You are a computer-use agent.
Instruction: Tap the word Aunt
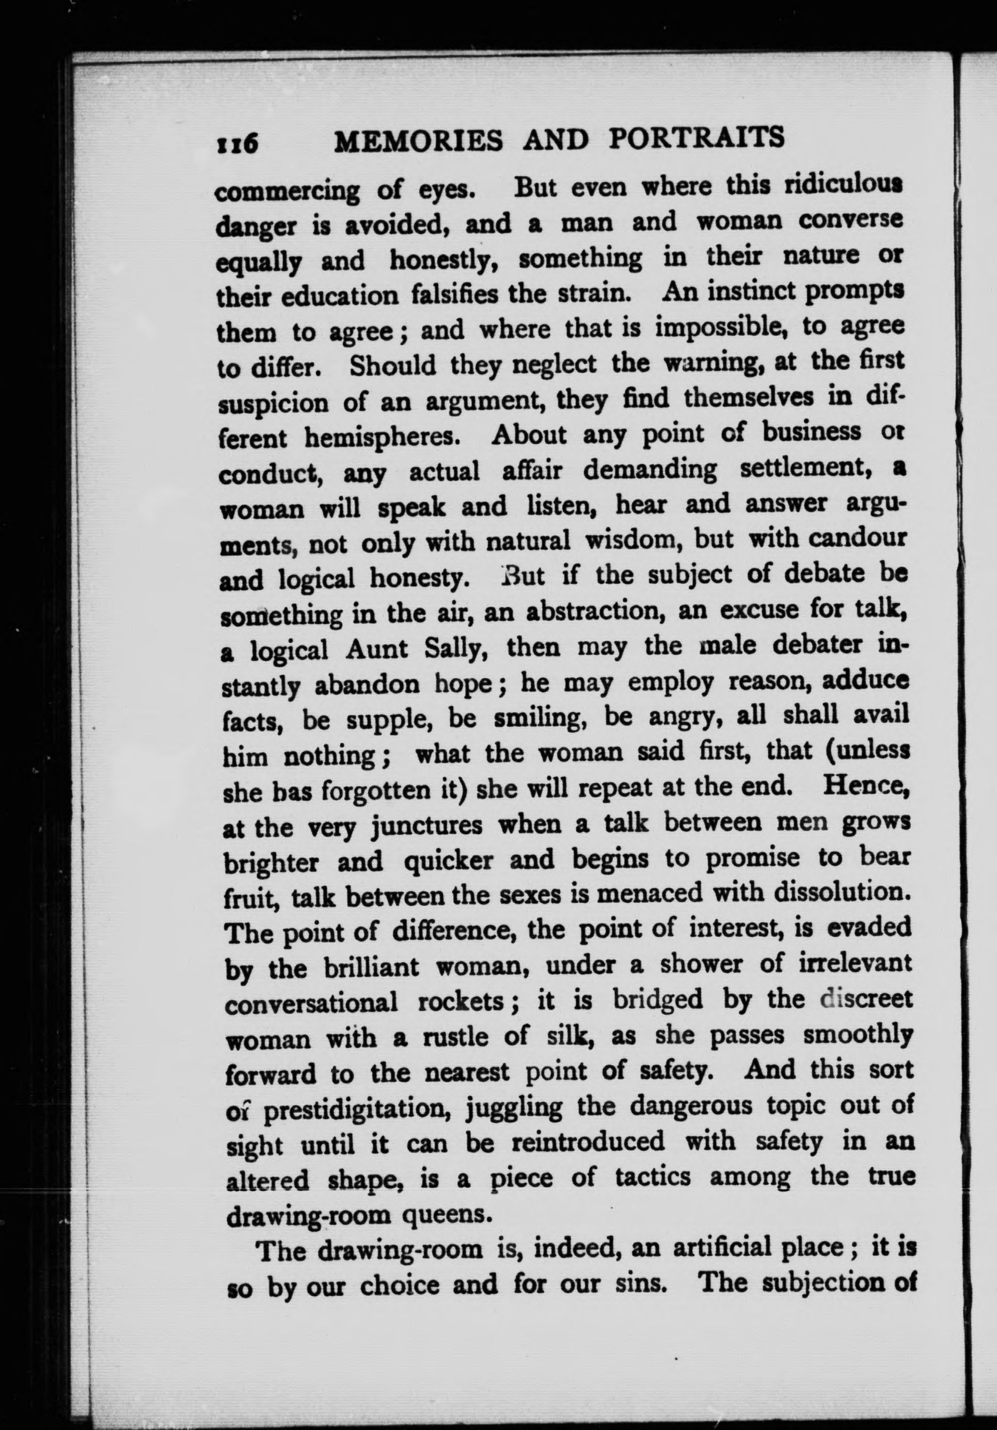click(377, 651)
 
